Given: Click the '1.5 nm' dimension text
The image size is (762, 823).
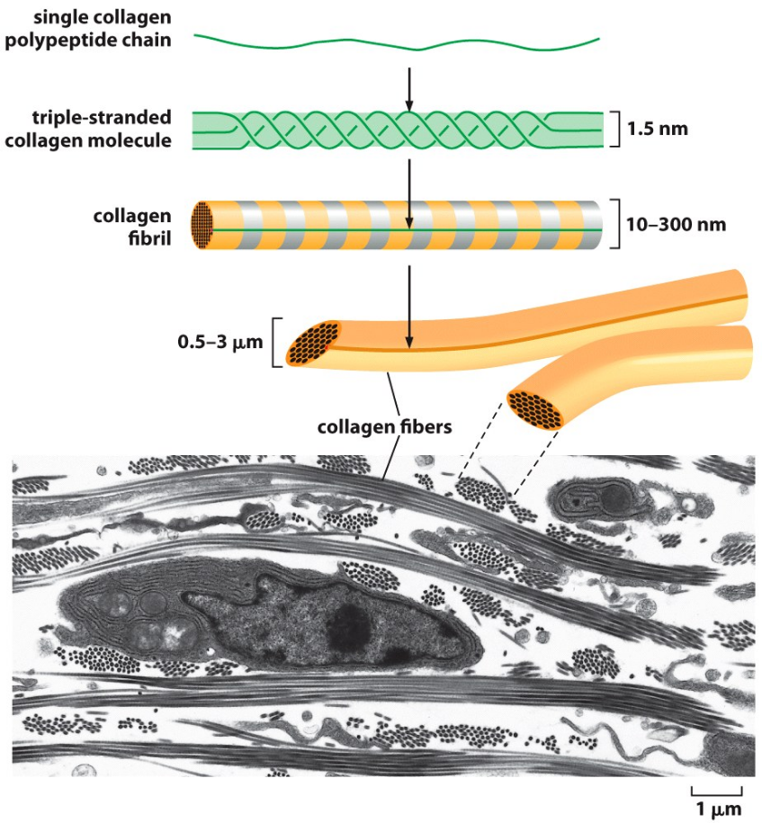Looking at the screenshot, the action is [659, 129].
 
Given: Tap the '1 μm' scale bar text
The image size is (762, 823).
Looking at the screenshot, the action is [719, 809].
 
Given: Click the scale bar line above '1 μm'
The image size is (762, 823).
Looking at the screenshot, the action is [717, 792].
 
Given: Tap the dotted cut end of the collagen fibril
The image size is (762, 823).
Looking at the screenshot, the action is [202, 225].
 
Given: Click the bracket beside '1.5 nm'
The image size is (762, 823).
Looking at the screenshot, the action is [614, 129].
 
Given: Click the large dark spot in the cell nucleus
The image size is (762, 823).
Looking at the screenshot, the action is [347, 628].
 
